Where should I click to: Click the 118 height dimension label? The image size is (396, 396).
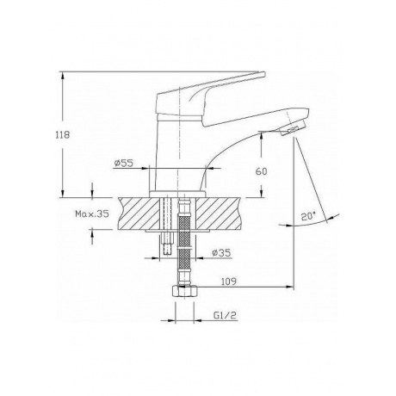coord(63,134)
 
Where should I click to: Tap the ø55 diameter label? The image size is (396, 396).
coord(124,164)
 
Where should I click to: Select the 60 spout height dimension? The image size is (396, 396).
coord(261,171)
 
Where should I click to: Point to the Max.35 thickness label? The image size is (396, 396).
coord(92,213)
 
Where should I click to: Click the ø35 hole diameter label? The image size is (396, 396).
coord(221,253)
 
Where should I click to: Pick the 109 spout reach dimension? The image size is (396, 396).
coord(229,282)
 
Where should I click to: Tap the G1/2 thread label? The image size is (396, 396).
coord(225,315)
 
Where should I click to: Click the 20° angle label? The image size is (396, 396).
coord(308,216)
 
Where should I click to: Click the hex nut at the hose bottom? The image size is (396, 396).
coord(184,292)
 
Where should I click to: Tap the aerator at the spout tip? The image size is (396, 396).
coord(293,129)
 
